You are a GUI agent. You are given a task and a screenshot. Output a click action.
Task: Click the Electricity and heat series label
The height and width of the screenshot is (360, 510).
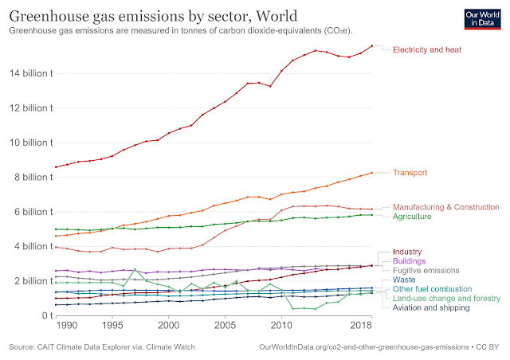point(426,49)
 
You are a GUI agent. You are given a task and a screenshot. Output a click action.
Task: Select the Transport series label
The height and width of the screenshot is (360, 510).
point(410,173)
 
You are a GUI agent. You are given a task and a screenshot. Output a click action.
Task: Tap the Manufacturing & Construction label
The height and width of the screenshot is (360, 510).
point(446,207)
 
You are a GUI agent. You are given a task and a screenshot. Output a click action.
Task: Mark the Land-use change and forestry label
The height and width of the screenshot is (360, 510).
point(446,299)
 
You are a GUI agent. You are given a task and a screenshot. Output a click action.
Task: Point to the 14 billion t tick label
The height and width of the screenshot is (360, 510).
point(29,74)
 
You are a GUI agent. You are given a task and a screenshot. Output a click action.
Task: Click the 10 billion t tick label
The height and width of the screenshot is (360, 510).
point(29,143)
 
